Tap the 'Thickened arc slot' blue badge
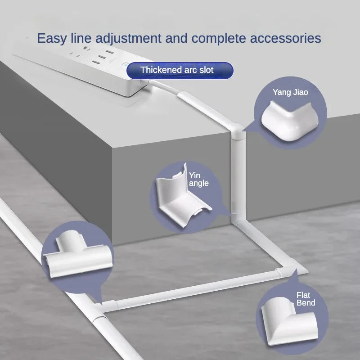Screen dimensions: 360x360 pyautogui.click(x=180, y=70)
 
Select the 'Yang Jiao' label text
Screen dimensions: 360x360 pyautogui.click(x=290, y=93)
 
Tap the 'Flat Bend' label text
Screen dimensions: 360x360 pyautogui.click(x=306, y=299)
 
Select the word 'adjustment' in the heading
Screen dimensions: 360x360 pyautogui.click(x=138, y=38)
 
